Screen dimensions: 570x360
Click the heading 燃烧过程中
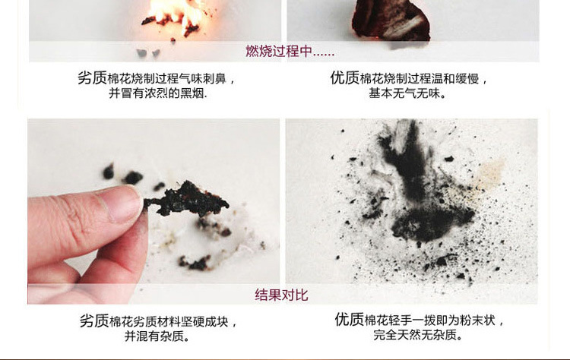click(x=290, y=51)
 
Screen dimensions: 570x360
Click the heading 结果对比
click(x=281, y=295)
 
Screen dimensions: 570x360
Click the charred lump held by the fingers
click(x=187, y=199)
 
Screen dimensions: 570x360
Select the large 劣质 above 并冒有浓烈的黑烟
click(x=92, y=77)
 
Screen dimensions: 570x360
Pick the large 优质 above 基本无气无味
click(x=344, y=77)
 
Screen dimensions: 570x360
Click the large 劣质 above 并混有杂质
click(x=94, y=321)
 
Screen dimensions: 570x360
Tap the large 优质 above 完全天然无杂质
click(x=350, y=320)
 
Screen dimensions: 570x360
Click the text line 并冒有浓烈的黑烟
click(x=158, y=93)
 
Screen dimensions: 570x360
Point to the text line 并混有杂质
click(x=157, y=336)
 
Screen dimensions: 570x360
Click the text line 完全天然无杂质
click(x=418, y=335)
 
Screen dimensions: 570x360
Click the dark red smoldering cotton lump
click(x=391, y=20)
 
